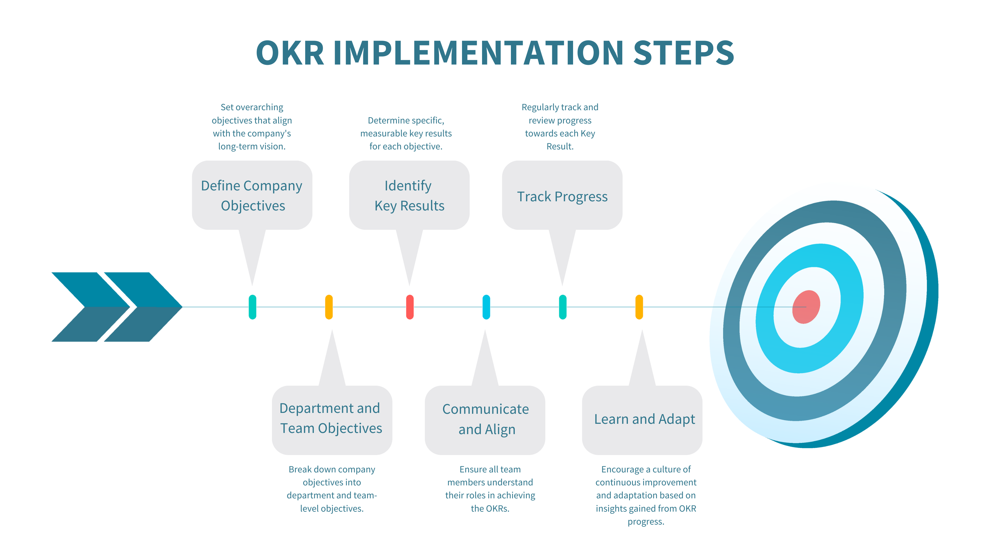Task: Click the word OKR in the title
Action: (x=290, y=53)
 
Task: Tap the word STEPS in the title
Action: (x=683, y=53)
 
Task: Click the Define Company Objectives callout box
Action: (x=252, y=195)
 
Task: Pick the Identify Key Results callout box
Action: (x=409, y=195)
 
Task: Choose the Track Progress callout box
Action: (x=562, y=195)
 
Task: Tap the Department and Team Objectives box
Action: (x=332, y=420)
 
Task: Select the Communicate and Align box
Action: (x=485, y=420)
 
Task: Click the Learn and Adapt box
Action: (x=642, y=420)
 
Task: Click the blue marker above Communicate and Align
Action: (x=486, y=307)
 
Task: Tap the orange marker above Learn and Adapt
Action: (x=639, y=307)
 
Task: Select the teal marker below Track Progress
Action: (x=563, y=307)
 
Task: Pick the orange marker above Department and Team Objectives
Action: (x=329, y=307)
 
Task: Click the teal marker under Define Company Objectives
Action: (x=253, y=307)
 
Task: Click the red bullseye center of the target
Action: (x=806, y=307)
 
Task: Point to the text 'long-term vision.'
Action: (x=252, y=146)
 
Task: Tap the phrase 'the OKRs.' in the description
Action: (x=490, y=509)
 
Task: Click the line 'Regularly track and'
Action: (x=560, y=107)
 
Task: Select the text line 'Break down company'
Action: (x=332, y=469)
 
